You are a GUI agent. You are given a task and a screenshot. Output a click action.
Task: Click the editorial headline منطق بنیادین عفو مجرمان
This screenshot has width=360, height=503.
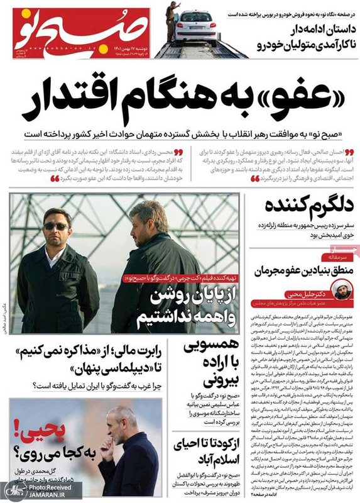(x=300, y=270)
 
